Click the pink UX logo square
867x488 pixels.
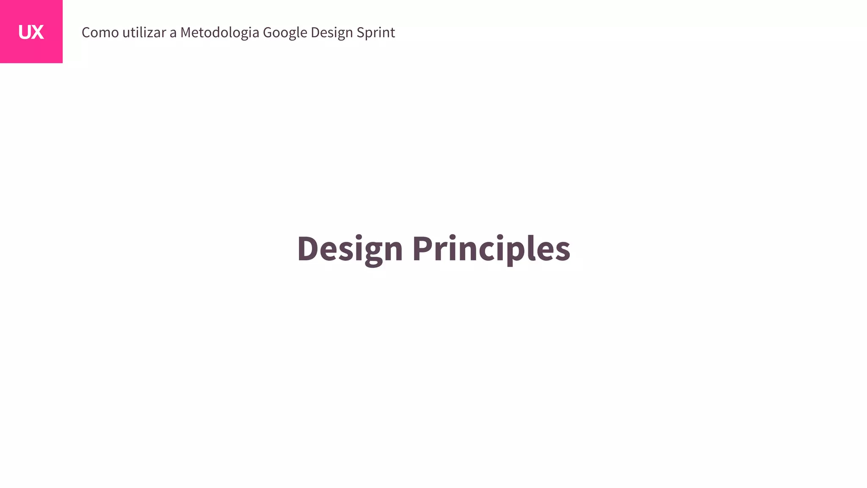pyautogui.click(x=31, y=31)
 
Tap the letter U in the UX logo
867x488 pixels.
pyautogui.click(x=25, y=33)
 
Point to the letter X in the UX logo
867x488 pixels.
pyautogui.click(x=38, y=33)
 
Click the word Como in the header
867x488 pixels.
pyautogui.click(x=100, y=33)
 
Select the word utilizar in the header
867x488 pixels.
pyautogui.click(x=144, y=33)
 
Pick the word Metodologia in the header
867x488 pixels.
pyautogui.click(x=219, y=33)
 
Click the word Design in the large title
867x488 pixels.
pyautogui.click(x=350, y=249)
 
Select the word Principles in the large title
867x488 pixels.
pyautogui.click(x=491, y=249)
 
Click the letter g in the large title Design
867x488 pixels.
pyautogui.click(x=373, y=252)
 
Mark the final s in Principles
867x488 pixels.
pyautogui.click(x=562, y=251)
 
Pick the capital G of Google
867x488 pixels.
pyautogui.click(x=268, y=33)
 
